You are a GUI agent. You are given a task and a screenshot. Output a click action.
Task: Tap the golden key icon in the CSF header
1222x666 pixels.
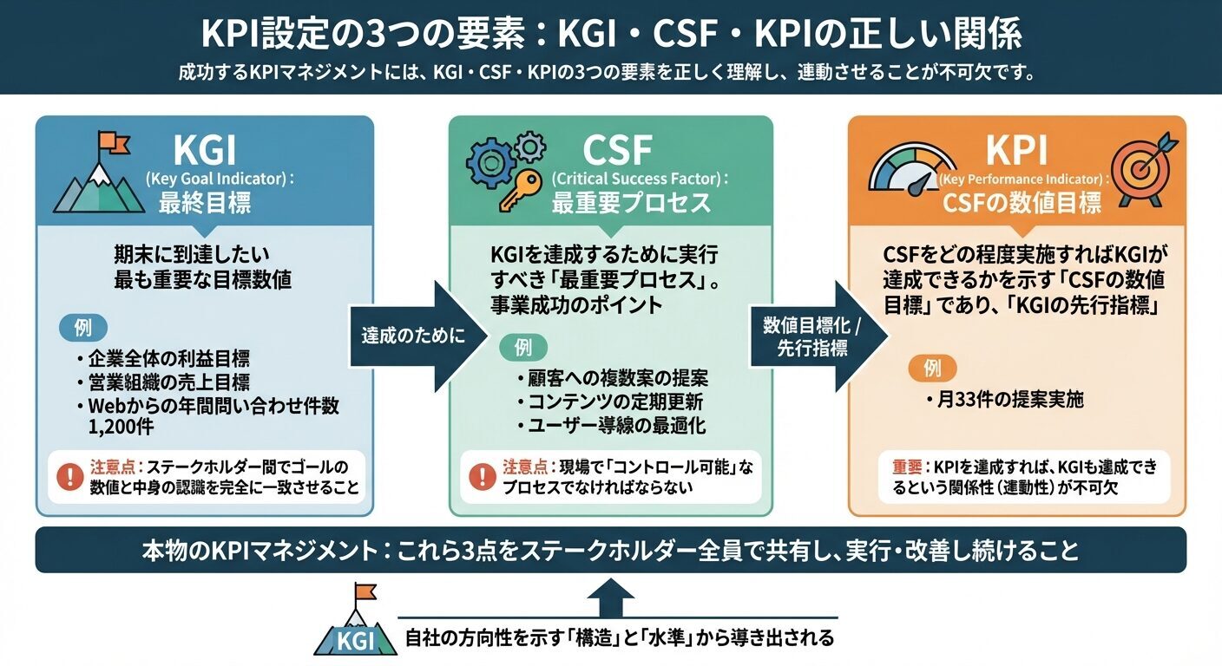point(512,193)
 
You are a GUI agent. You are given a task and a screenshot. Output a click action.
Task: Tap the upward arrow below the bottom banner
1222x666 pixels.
point(611,597)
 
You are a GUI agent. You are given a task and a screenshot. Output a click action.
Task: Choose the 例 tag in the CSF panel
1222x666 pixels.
point(524,349)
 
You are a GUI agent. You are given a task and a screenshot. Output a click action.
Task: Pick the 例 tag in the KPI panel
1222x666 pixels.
point(932,369)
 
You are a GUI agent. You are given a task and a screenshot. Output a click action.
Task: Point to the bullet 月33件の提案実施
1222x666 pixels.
point(1004,401)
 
